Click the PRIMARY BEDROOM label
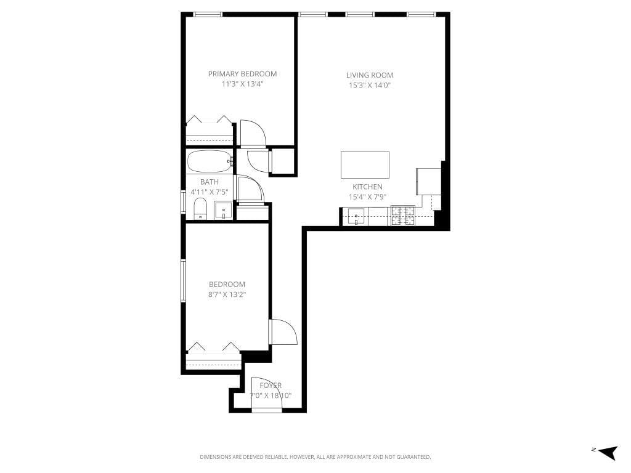click(242, 74)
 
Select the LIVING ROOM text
click(369, 75)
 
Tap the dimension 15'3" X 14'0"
click(369, 86)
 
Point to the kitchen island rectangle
click(365, 164)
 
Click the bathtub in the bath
click(210, 162)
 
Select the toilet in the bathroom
click(200, 209)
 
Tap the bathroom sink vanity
click(223, 211)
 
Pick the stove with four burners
click(403, 216)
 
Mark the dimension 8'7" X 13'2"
click(227, 294)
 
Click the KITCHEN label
click(367, 187)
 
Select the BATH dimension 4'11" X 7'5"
click(210, 192)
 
